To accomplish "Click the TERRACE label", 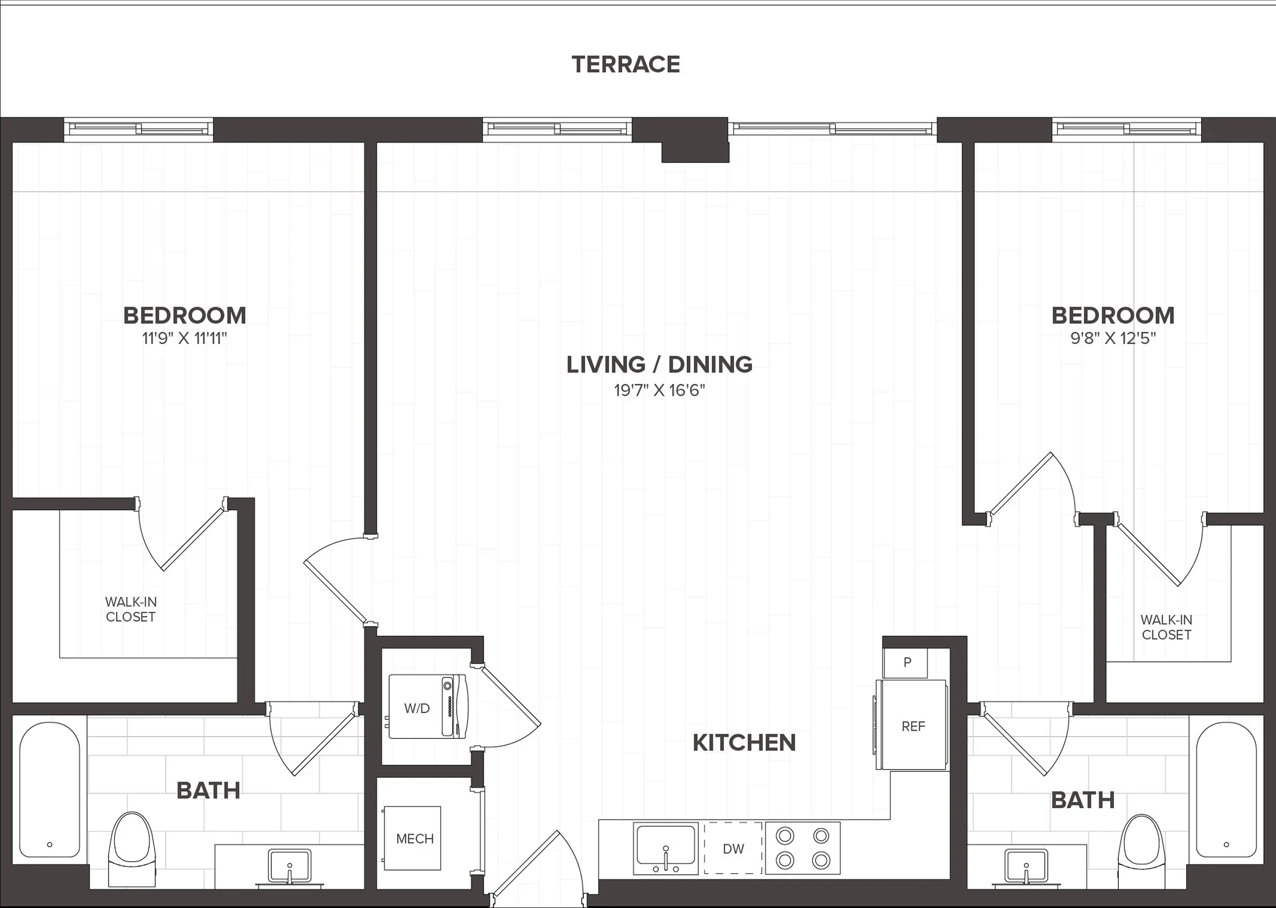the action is pyautogui.click(x=626, y=64).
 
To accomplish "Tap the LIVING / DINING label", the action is pyautogui.click(x=659, y=365).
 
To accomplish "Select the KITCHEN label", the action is pyautogui.click(x=744, y=743).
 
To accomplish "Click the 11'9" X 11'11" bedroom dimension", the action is pyautogui.click(x=185, y=338).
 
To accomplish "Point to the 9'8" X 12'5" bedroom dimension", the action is pyautogui.click(x=1113, y=338).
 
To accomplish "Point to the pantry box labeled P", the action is pyautogui.click(x=905, y=662).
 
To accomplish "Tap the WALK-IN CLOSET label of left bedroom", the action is pyautogui.click(x=131, y=610).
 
